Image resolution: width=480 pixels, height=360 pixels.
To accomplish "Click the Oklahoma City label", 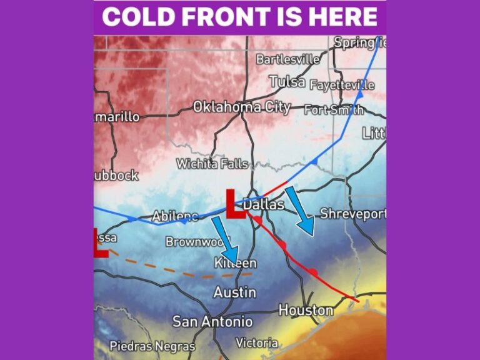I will pyautogui.click(x=241, y=107).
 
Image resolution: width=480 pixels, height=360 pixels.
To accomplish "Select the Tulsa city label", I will pyautogui.click(x=287, y=81).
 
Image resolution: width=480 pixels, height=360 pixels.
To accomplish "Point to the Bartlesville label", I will pyautogui.click(x=288, y=60).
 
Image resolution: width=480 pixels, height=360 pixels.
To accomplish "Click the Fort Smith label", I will pyautogui.click(x=334, y=110).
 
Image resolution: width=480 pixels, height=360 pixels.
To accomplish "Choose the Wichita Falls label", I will pyautogui.click(x=212, y=164).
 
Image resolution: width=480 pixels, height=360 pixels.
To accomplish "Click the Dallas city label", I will pyautogui.click(x=264, y=204).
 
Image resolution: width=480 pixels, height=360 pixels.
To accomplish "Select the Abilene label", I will pyautogui.click(x=174, y=216).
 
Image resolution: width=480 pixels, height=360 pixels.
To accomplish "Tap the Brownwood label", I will pyautogui.click(x=198, y=241).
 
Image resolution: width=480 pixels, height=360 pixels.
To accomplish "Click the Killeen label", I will pyautogui.click(x=235, y=263).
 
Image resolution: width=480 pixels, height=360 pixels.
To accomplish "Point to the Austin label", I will pyautogui.click(x=234, y=292).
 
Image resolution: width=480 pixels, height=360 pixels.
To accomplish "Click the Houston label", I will pyautogui.click(x=306, y=310).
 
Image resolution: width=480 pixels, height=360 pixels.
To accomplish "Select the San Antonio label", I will pyautogui.click(x=212, y=321).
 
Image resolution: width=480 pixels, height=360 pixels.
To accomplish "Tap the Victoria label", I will pyautogui.click(x=257, y=342).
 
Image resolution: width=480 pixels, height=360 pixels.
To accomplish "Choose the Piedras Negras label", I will pyautogui.click(x=152, y=346).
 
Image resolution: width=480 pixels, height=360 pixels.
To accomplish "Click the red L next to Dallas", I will pyautogui.click(x=235, y=204).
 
